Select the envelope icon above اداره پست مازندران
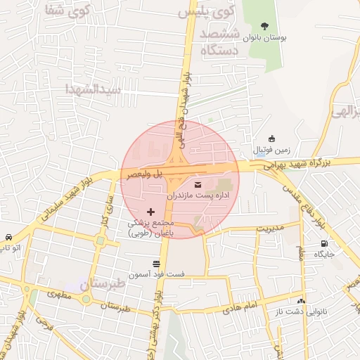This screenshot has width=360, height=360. click(195, 185)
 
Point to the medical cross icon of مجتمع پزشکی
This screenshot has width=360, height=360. click(150, 212)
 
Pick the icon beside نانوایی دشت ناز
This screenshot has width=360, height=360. click(301, 300)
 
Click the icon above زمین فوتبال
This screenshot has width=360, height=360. click(273, 139)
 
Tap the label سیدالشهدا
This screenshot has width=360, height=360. click(94, 90)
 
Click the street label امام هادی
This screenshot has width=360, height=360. click(237, 307)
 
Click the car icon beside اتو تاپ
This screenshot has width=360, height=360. click(8, 237)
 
